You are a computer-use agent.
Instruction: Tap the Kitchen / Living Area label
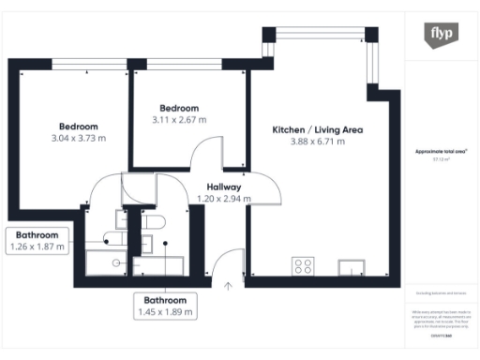click(x=317, y=129)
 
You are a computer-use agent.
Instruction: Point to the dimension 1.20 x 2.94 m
click(x=219, y=199)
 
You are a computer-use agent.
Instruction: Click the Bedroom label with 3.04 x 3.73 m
click(x=79, y=127)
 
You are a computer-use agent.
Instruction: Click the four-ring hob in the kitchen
click(x=303, y=266)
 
